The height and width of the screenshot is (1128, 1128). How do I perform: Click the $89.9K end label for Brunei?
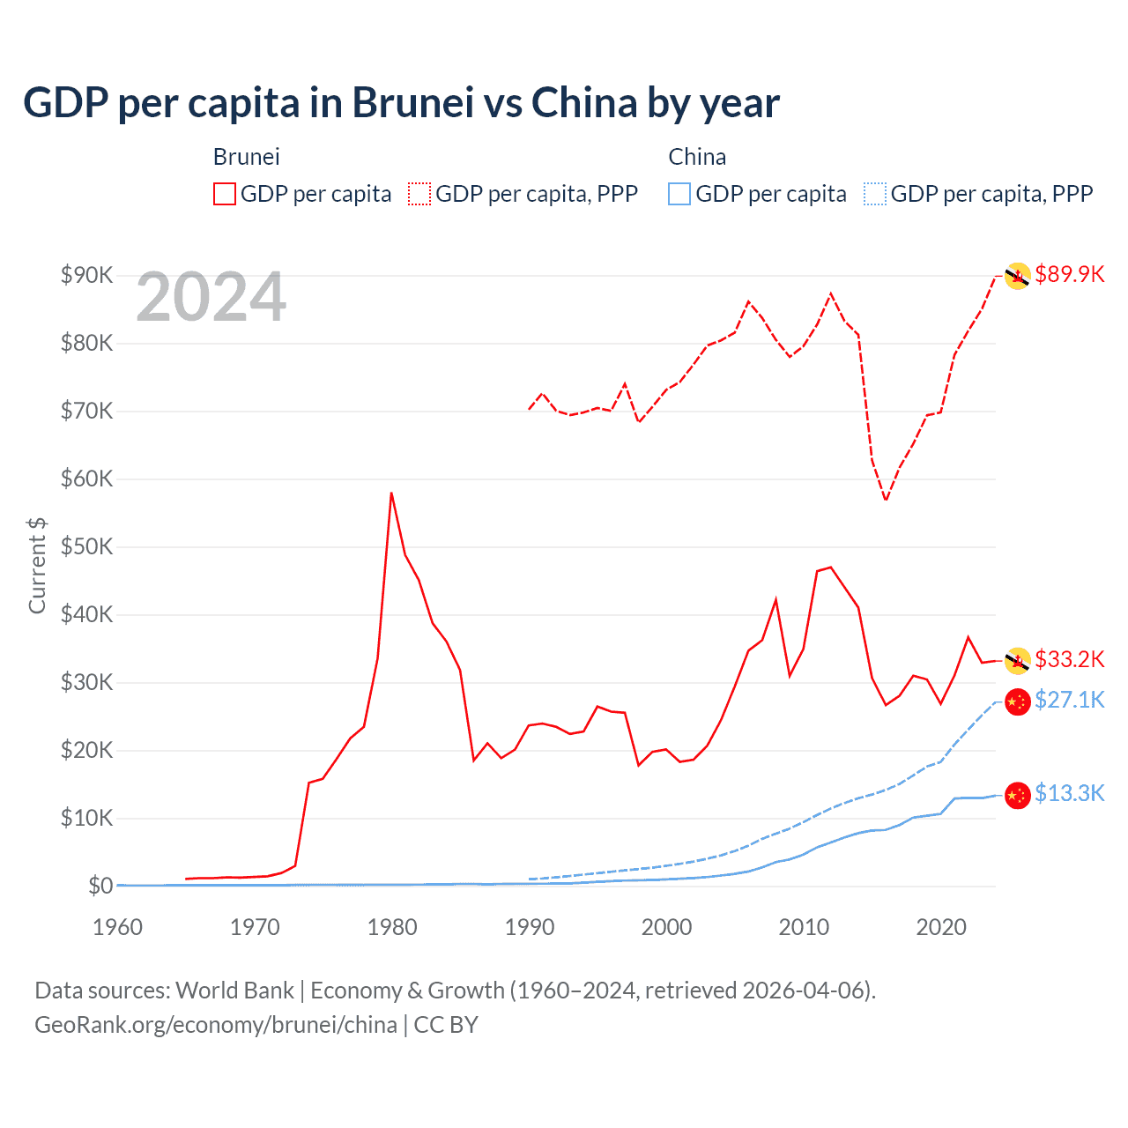pyautogui.click(x=1069, y=274)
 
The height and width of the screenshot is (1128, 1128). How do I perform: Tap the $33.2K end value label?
pyautogui.click(x=1069, y=659)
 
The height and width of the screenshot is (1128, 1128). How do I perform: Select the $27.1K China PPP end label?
pyautogui.click(x=1069, y=700)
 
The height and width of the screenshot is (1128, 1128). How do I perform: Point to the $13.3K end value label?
pyautogui.click(x=1069, y=793)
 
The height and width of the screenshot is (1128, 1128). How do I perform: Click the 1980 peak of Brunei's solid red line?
pyautogui.click(x=391, y=493)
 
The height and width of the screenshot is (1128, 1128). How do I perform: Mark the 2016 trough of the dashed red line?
pyautogui.click(x=886, y=500)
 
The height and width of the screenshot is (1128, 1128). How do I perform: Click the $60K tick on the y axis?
pyautogui.click(x=86, y=479)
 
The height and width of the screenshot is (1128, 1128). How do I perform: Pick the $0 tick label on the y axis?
pyautogui.click(x=100, y=886)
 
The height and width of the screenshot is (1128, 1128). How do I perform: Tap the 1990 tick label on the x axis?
pyautogui.click(x=530, y=927)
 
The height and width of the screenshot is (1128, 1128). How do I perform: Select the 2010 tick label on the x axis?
pyautogui.click(x=804, y=927)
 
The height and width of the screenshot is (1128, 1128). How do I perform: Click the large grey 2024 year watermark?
pyautogui.click(x=211, y=298)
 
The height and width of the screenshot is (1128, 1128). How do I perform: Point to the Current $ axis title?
pyautogui.click(x=37, y=566)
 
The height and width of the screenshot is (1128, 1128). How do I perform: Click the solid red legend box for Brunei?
pyautogui.click(x=225, y=194)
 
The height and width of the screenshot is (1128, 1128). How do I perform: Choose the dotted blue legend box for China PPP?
pyautogui.click(x=875, y=194)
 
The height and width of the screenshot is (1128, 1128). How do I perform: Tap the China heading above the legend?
pyautogui.click(x=697, y=157)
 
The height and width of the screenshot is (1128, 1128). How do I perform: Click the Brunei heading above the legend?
pyautogui.click(x=246, y=157)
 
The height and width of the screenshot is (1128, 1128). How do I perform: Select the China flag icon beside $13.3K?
pyautogui.click(x=1018, y=794)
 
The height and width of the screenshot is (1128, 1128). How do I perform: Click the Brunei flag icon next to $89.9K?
pyautogui.click(x=1018, y=276)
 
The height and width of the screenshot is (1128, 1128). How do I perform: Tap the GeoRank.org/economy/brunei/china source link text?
pyautogui.click(x=216, y=1025)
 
